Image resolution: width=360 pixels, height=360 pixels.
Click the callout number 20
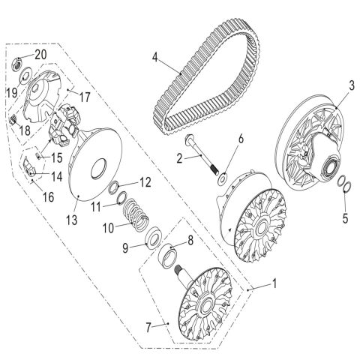pyautogui.click(x=40, y=55)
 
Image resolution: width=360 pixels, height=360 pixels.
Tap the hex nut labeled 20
pyautogui.click(x=17, y=64)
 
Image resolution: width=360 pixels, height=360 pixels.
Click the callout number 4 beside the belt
pyautogui.click(x=155, y=57)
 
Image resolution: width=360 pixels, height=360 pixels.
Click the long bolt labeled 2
pyautogui.click(x=201, y=154)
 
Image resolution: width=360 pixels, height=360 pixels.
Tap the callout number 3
pyautogui.click(x=352, y=86)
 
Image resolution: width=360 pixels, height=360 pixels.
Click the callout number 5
pyautogui.click(x=345, y=218)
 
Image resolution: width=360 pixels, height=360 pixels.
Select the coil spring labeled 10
pyautogui.click(x=136, y=214)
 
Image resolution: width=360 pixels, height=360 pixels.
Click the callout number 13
pyautogui.click(x=72, y=220)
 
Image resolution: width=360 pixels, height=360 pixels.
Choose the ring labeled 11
pyautogui.click(x=122, y=198)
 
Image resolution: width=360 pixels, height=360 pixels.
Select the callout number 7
pyautogui.click(x=148, y=328)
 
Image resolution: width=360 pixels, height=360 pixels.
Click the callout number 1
pyautogui.click(x=274, y=283)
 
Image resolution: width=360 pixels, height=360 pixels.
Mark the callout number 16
pyautogui.click(x=49, y=197)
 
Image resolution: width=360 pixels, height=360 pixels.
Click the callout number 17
pyautogui.click(x=85, y=97)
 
